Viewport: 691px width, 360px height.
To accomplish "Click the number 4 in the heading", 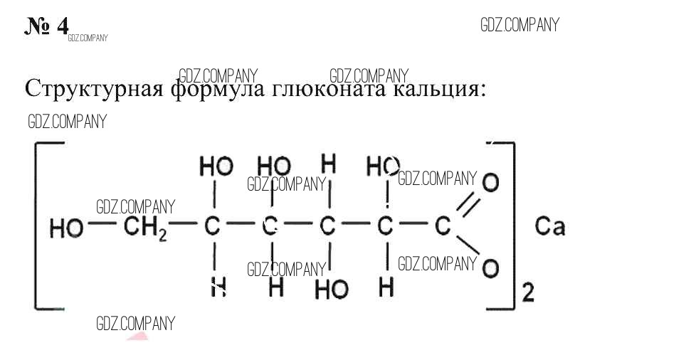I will (x=62, y=26).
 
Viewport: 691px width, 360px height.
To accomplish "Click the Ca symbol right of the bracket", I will (x=549, y=227).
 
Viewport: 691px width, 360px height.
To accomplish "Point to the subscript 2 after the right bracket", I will (x=528, y=292).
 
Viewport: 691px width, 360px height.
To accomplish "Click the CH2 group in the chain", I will (x=146, y=228).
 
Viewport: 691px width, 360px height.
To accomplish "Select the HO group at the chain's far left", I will (x=65, y=228).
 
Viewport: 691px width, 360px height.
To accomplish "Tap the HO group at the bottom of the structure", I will (x=332, y=289).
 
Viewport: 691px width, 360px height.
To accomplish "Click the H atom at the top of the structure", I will (x=328, y=165).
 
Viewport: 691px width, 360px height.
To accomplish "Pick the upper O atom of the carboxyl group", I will (x=490, y=183).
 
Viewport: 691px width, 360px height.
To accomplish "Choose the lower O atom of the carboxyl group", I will (x=490, y=269).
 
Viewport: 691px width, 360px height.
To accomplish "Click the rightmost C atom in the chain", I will (x=443, y=227).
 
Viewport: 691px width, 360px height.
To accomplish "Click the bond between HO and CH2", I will (x=104, y=228).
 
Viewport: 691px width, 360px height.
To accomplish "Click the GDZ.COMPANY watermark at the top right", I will (x=519, y=26).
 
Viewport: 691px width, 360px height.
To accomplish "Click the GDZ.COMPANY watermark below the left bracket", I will (x=135, y=324).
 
